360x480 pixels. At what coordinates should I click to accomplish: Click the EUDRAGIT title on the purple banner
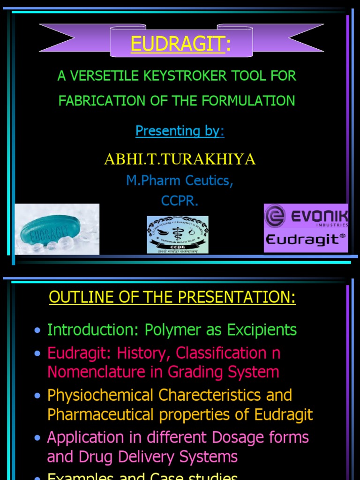[x=178, y=44]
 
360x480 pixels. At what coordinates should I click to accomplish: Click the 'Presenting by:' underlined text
[x=180, y=131]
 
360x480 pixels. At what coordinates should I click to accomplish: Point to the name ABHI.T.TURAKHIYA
[x=180, y=159]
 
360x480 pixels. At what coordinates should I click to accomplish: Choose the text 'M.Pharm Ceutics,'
[x=180, y=180]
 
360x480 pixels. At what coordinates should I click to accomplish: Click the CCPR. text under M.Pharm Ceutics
[x=180, y=201]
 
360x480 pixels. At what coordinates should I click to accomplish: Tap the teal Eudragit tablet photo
[x=57, y=229]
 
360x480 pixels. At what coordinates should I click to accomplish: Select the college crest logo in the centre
[x=178, y=234]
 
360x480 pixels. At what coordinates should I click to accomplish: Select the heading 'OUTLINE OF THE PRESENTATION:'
[x=172, y=298]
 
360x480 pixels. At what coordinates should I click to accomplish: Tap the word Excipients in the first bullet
[x=262, y=330]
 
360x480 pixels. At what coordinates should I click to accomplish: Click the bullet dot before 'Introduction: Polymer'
[x=37, y=331]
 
